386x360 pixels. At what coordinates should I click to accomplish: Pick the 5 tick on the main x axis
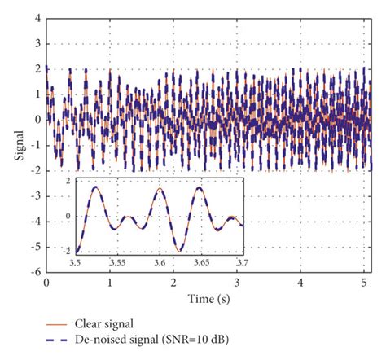(x=364, y=283)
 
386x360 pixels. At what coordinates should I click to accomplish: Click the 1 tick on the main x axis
(x=110, y=283)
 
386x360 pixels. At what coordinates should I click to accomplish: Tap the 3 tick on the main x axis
(x=237, y=283)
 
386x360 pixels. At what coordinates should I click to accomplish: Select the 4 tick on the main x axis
(x=300, y=283)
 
